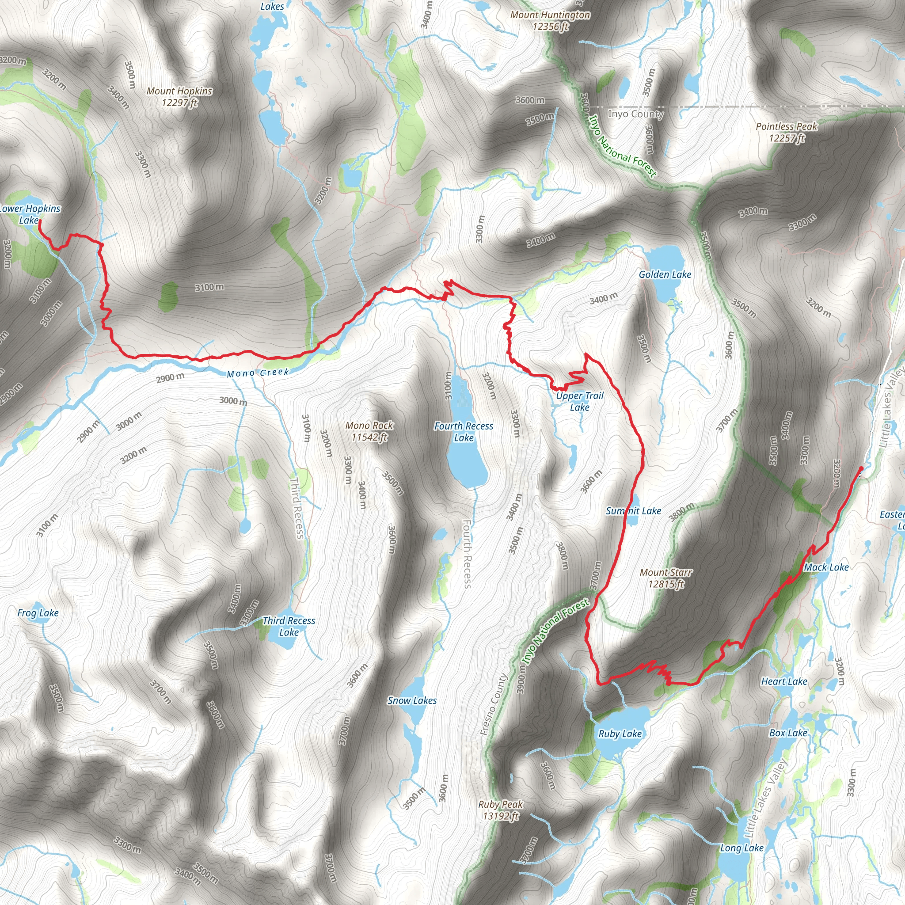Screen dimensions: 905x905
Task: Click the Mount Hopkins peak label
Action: point(179,96)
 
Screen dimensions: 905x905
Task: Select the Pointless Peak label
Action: point(787,132)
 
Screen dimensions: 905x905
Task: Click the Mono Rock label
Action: point(369,431)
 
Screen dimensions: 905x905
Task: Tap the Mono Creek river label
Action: point(258,373)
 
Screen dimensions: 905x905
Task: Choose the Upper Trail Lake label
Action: point(579,401)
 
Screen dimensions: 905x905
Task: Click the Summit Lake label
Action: point(633,510)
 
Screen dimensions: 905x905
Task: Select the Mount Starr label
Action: point(665,578)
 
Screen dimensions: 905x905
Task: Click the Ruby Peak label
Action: point(500,810)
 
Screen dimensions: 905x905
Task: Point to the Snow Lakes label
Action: point(412,700)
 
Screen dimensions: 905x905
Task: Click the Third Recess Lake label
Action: point(289,626)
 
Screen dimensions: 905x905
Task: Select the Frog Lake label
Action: point(38,613)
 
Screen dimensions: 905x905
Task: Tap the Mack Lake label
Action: point(826,567)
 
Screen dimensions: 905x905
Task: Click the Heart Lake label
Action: point(784,681)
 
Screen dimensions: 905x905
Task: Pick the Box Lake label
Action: point(788,733)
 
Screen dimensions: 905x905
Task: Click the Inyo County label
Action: point(635,114)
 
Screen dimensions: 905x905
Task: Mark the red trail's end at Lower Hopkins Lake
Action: point(39,220)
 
